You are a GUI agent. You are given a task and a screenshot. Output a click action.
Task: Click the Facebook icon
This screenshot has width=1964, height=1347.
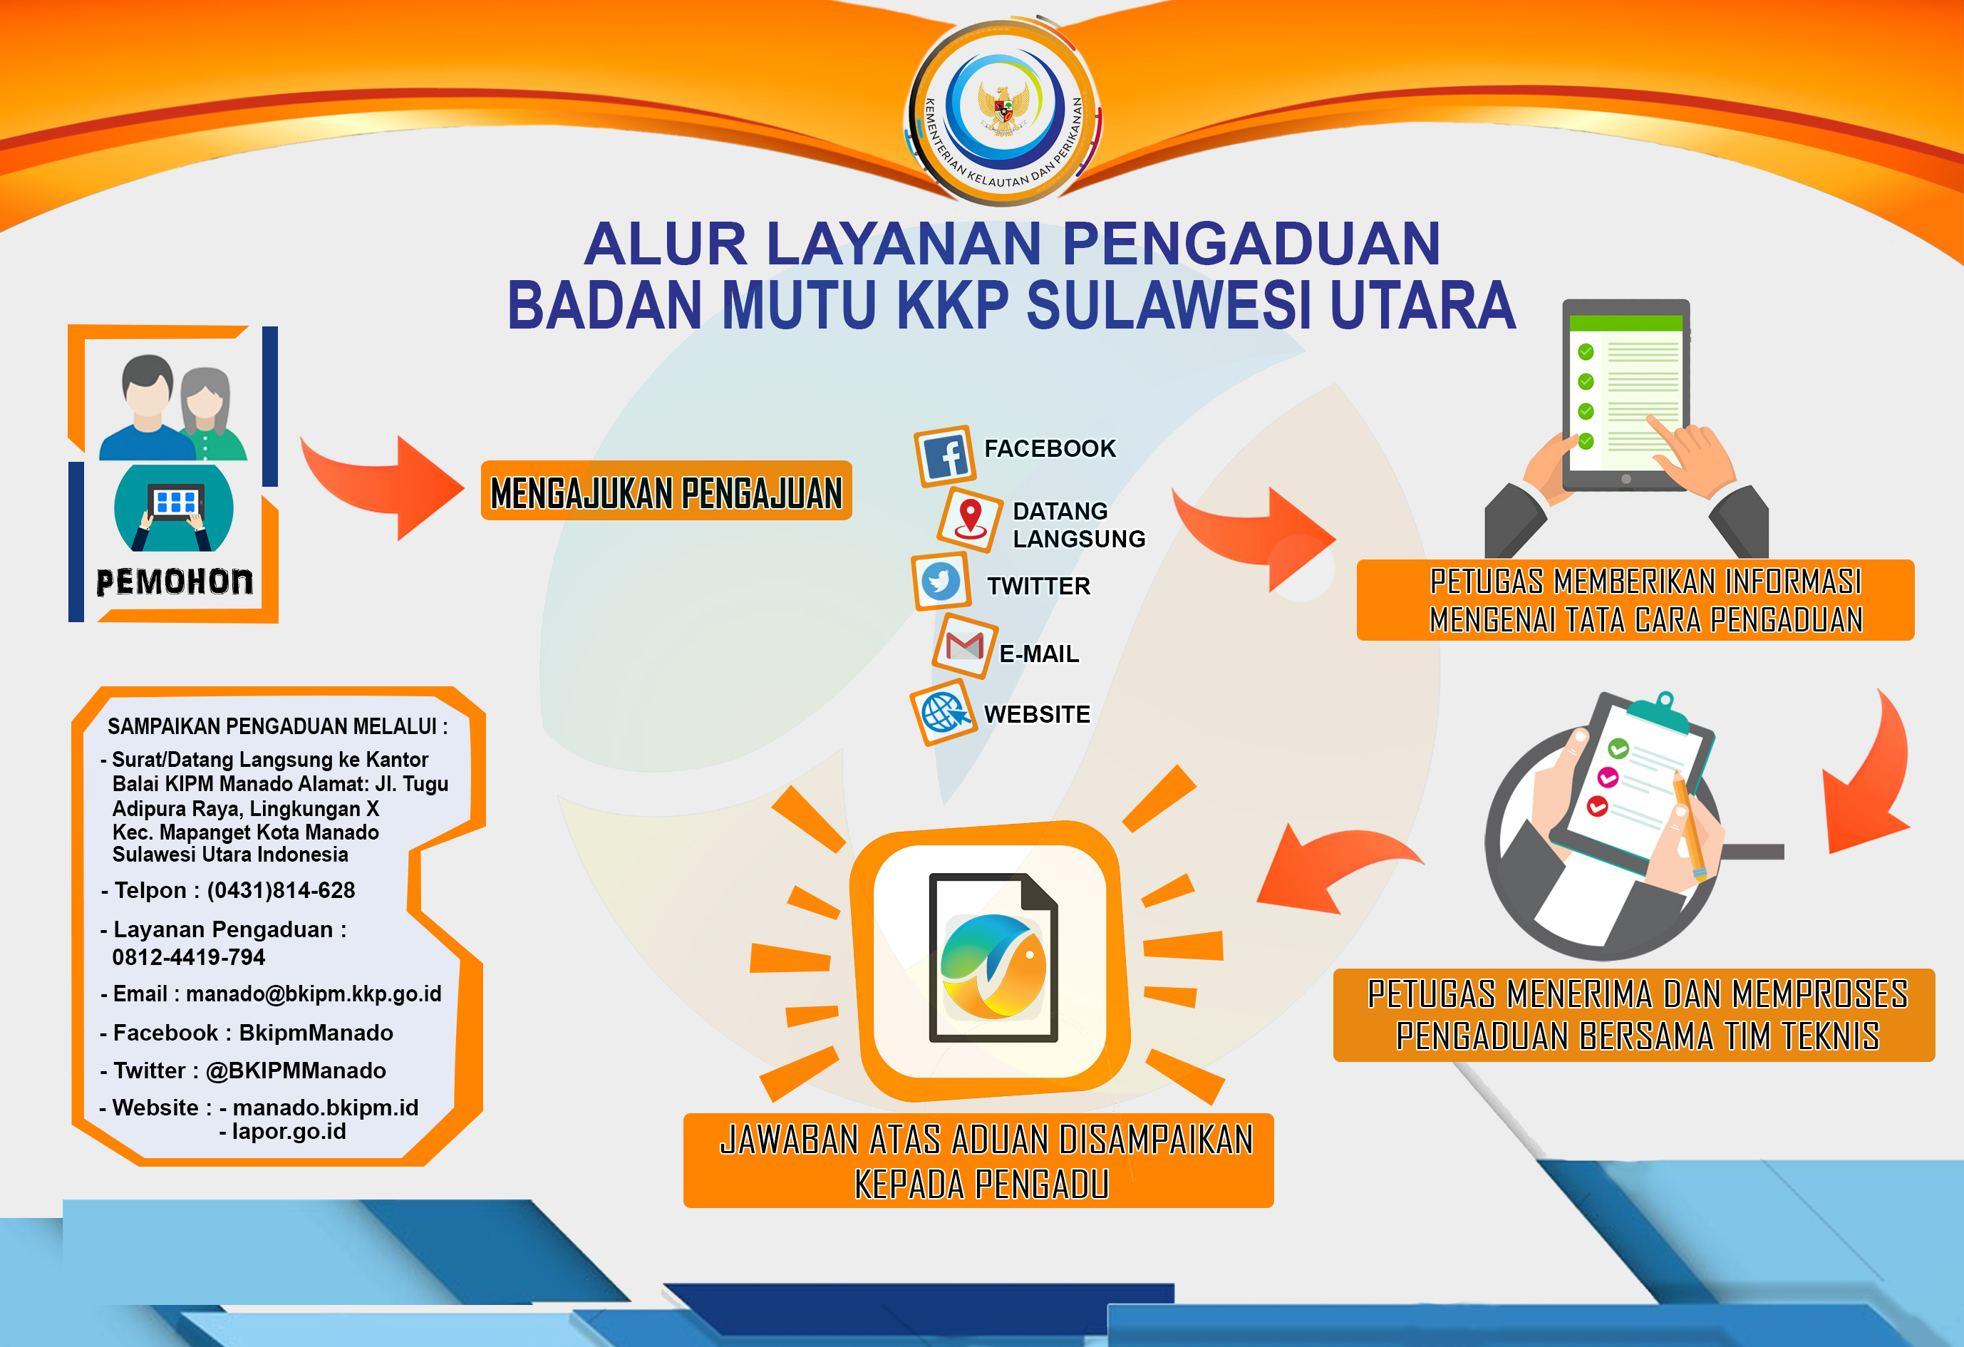pos(945,456)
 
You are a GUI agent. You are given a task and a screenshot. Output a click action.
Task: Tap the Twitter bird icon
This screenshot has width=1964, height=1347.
pos(941,582)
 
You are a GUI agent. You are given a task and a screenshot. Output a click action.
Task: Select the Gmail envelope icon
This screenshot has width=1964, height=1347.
pos(964,646)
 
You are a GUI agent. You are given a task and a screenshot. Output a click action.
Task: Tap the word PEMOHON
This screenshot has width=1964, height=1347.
pos(174,582)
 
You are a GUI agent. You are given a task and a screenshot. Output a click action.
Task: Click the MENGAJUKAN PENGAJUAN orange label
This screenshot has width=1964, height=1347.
pos(666,491)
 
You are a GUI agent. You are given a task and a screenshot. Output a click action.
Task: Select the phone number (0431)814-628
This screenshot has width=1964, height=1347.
pos(281,891)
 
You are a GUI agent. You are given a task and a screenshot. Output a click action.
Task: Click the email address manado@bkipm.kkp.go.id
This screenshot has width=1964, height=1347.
pos(314,994)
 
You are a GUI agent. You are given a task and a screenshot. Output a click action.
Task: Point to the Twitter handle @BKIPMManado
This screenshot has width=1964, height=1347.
pos(296,1070)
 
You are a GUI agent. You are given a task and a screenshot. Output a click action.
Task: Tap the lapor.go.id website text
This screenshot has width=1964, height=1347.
pos(289,1132)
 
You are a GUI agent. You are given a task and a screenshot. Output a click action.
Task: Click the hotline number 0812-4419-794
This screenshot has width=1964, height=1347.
pos(188,957)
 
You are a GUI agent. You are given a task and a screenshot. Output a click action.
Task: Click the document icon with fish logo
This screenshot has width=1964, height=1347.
pos(993,957)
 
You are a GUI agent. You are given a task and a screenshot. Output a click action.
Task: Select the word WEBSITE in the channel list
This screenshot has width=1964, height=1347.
pos(1037,714)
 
